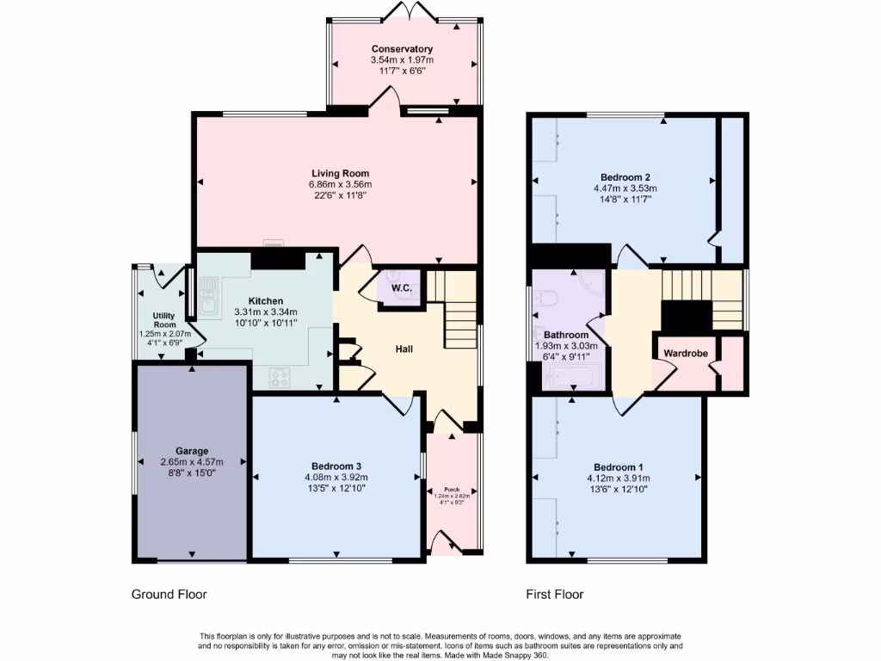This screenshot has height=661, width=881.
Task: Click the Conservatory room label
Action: [402, 49]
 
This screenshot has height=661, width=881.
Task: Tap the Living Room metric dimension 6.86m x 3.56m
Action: [340, 184]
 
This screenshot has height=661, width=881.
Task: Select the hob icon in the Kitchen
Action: [280, 375]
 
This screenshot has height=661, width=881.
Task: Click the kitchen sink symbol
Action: [208, 302]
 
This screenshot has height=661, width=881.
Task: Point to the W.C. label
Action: [401, 287]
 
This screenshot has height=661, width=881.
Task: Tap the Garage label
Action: [190, 450]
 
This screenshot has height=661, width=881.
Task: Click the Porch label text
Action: [452, 490]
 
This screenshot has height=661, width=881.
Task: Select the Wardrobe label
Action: [685, 353]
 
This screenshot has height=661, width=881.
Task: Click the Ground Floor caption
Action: [169, 594]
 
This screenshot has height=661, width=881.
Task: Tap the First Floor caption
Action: [555, 594]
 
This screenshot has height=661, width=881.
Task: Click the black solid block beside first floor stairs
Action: [686, 314]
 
